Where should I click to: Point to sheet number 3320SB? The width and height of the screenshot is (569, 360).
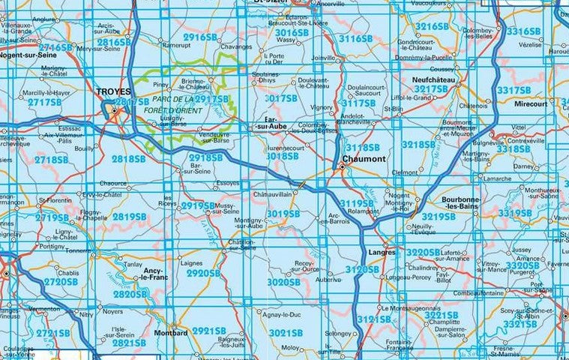(x=523, y=265)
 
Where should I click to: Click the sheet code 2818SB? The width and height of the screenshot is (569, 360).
(x=127, y=159)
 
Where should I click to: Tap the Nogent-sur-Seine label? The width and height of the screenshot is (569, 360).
(x=31, y=55)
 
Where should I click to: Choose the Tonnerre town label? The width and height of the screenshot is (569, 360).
(x=77, y=251)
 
